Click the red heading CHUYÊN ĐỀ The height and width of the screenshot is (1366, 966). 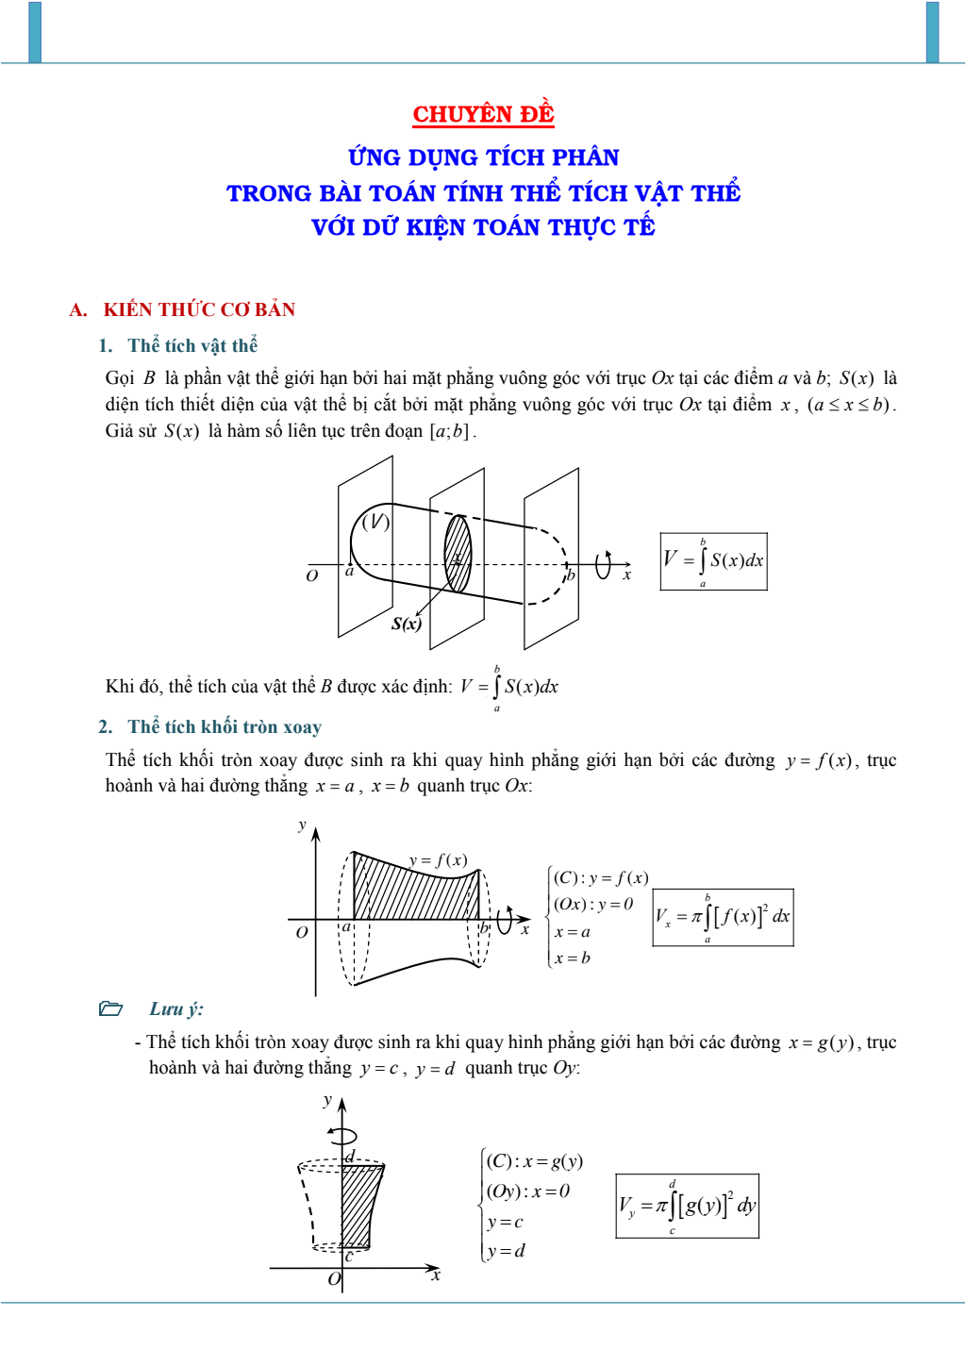click(x=483, y=114)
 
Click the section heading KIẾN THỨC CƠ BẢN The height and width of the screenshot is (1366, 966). click(x=199, y=309)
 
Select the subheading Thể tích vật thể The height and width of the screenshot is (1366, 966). click(x=192, y=345)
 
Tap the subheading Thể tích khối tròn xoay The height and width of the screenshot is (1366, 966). click(x=225, y=726)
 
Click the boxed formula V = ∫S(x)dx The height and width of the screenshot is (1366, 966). click(x=713, y=561)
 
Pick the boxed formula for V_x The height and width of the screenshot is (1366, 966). click(x=723, y=917)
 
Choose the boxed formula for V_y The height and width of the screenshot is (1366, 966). click(x=687, y=1206)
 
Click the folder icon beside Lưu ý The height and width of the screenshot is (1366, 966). click(x=111, y=1008)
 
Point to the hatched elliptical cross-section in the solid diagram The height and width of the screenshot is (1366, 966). click(x=458, y=553)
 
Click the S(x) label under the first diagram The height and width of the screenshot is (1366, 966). click(x=407, y=624)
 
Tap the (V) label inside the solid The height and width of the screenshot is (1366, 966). click(x=375, y=522)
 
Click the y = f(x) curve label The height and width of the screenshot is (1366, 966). click(x=438, y=859)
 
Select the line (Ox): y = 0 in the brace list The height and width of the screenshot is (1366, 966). click(x=593, y=904)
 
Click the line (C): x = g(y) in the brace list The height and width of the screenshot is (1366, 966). click(x=535, y=1160)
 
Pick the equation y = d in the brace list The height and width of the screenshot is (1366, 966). click(x=507, y=1251)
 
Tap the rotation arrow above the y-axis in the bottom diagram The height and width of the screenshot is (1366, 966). click(x=343, y=1136)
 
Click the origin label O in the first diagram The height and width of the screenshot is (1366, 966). click(x=312, y=575)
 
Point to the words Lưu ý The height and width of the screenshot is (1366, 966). click(x=176, y=1008)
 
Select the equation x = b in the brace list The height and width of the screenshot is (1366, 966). click(x=573, y=958)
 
